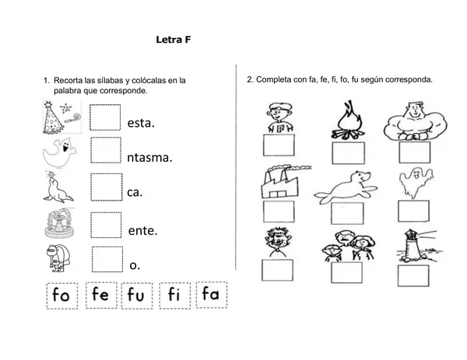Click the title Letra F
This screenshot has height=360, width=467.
click(x=174, y=40)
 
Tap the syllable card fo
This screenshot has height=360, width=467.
click(x=62, y=295)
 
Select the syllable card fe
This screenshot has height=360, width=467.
click(x=101, y=295)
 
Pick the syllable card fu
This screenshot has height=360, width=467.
click(x=137, y=295)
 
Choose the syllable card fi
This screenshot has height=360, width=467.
click(x=175, y=295)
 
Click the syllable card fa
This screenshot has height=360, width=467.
click(x=212, y=295)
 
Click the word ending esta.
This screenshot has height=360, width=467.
click(x=141, y=123)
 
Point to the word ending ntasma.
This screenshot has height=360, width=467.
click(x=149, y=157)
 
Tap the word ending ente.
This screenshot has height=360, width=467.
click(x=142, y=231)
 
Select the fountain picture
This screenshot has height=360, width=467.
click(x=60, y=223)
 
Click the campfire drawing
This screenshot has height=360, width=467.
click(x=348, y=121)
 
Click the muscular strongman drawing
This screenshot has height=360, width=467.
click(x=415, y=121)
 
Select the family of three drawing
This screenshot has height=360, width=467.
click(x=348, y=246)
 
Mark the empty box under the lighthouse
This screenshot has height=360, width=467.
click(x=413, y=276)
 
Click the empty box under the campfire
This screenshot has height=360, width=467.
click(x=348, y=153)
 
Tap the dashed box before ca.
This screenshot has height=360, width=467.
click(x=107, y=187)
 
